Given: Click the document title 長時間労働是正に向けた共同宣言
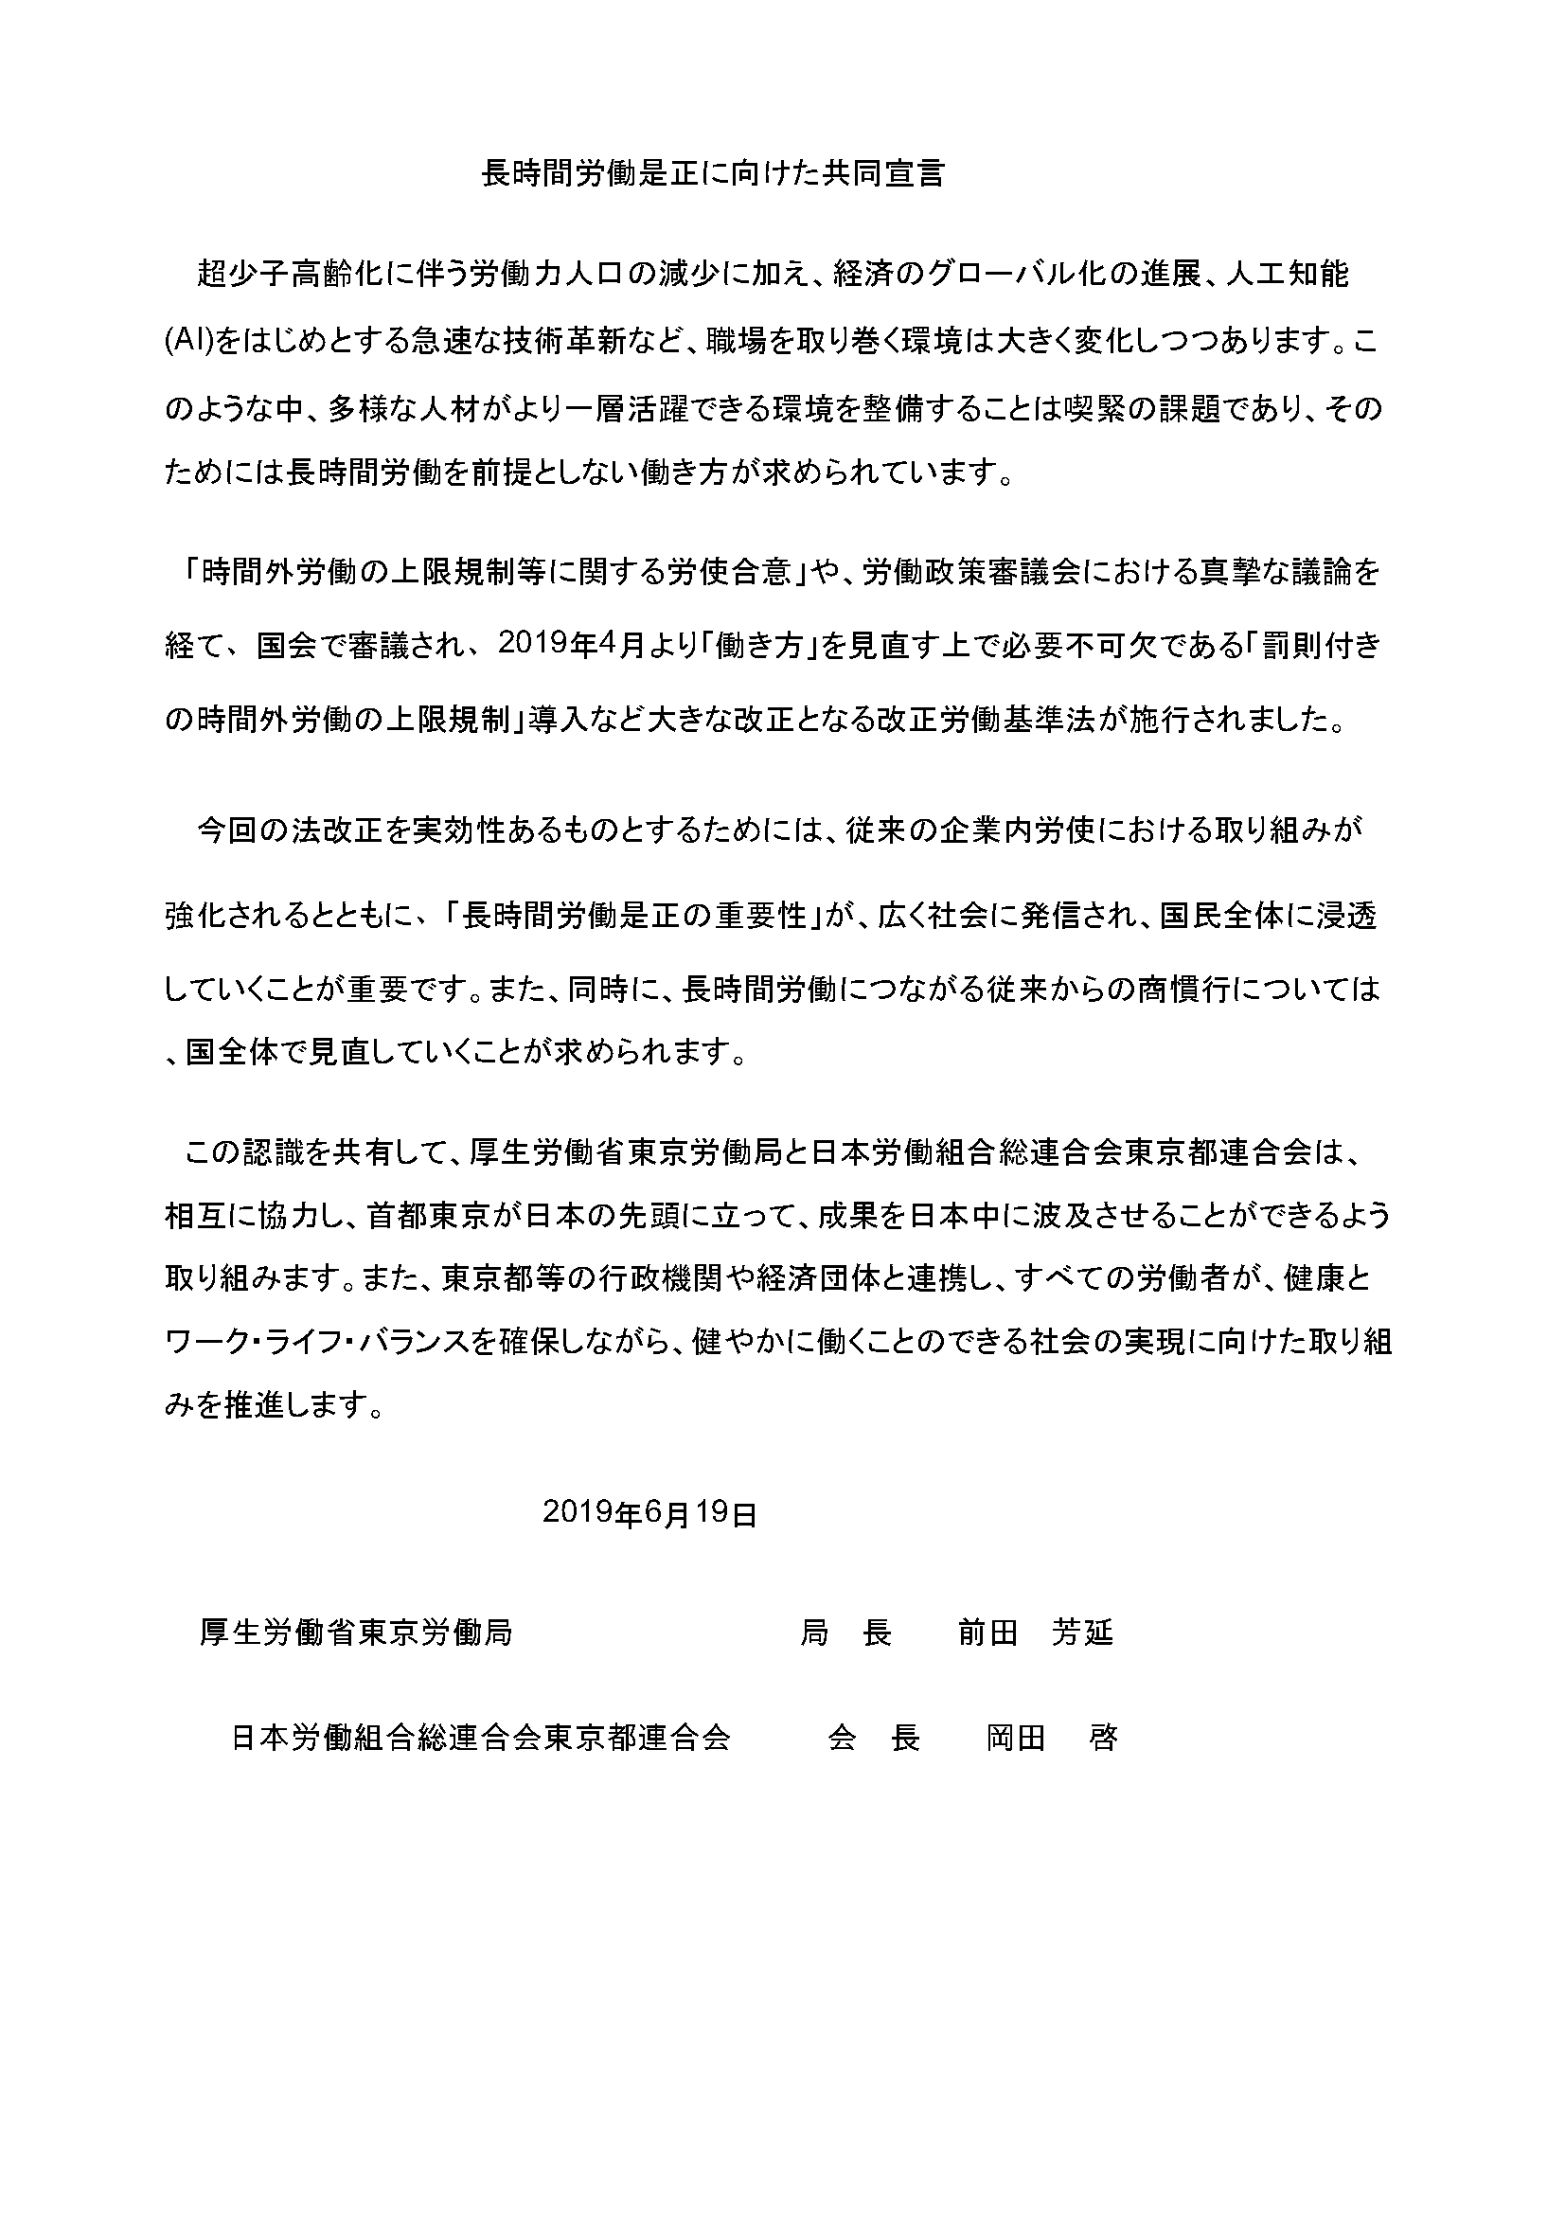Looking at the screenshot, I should point(712,173).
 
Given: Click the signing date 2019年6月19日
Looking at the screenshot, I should point(649,1513).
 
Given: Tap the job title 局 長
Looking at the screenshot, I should point(845,1633).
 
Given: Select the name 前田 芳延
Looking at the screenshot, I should point(1035,1633).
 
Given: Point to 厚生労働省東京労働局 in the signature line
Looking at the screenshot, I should point(356,1633).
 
